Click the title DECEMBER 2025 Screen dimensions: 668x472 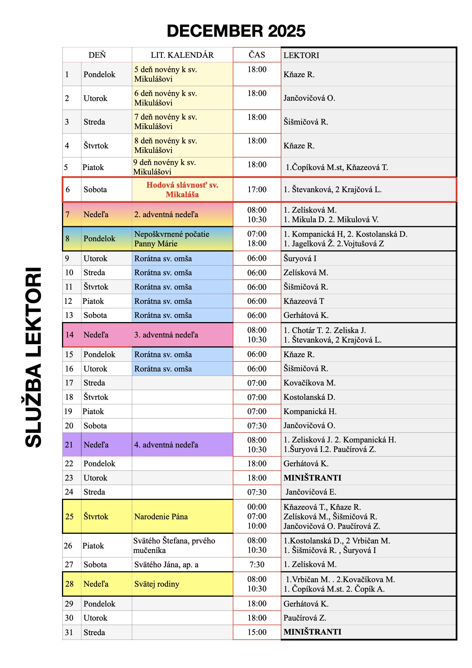click(x=236, y=31)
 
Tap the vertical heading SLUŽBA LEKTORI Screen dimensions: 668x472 click(x=33, y=357)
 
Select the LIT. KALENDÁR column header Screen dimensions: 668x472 click(x=182, y=55)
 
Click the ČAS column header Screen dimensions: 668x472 click(x=257, y=55)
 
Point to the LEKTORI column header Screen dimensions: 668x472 click(x=301, y=55)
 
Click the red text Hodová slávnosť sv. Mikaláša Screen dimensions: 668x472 click(x=182, y=190)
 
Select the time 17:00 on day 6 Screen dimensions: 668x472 click(x=257, y=190)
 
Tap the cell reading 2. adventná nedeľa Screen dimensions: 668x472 click(x=166, y=215)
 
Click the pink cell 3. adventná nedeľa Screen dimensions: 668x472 click(x=166, y=335)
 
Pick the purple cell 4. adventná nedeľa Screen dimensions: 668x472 click(x=166, y=445)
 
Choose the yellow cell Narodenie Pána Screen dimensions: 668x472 click(x=161, y=517)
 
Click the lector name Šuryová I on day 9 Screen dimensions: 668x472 click(x=300, y=258)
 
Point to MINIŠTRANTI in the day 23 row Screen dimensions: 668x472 click(x=312, y=478)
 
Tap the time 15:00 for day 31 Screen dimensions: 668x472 click(x=257, y=632)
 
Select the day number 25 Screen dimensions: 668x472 click(x=69, y=517)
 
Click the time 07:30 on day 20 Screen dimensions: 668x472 click(x=257, y=426)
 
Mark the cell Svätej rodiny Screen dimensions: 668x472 click(x=157, y=584)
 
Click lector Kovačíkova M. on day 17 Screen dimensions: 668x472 click(x=309, y=383)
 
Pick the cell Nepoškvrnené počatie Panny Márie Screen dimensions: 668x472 click(x=172, y=239)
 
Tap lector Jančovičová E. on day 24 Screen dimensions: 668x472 click(x=310, y=492)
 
